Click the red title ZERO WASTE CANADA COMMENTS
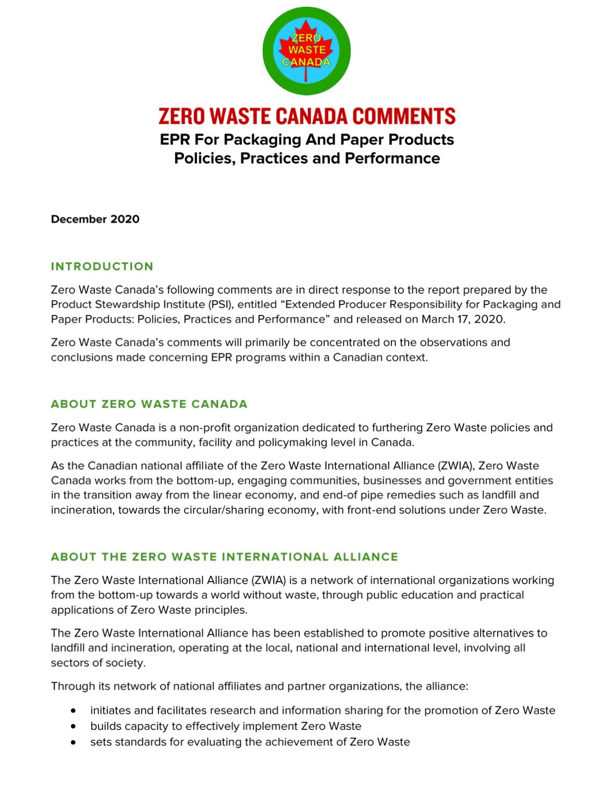click(307, 116)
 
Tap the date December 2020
click(95, 219)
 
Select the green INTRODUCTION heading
click(102, 266)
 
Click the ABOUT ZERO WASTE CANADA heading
click(149, 404)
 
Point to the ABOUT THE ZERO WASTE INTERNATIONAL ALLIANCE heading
click(224, 557)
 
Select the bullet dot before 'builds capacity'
click(75, 726)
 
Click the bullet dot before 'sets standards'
click(75, 742)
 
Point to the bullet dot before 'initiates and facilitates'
click(75, 710)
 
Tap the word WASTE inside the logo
click(306, 50)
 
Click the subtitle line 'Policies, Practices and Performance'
click(307, 158)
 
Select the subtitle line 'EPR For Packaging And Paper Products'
click(307, 140)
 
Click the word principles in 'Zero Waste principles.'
click(222, 610)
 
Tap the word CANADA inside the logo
click(306, 62)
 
